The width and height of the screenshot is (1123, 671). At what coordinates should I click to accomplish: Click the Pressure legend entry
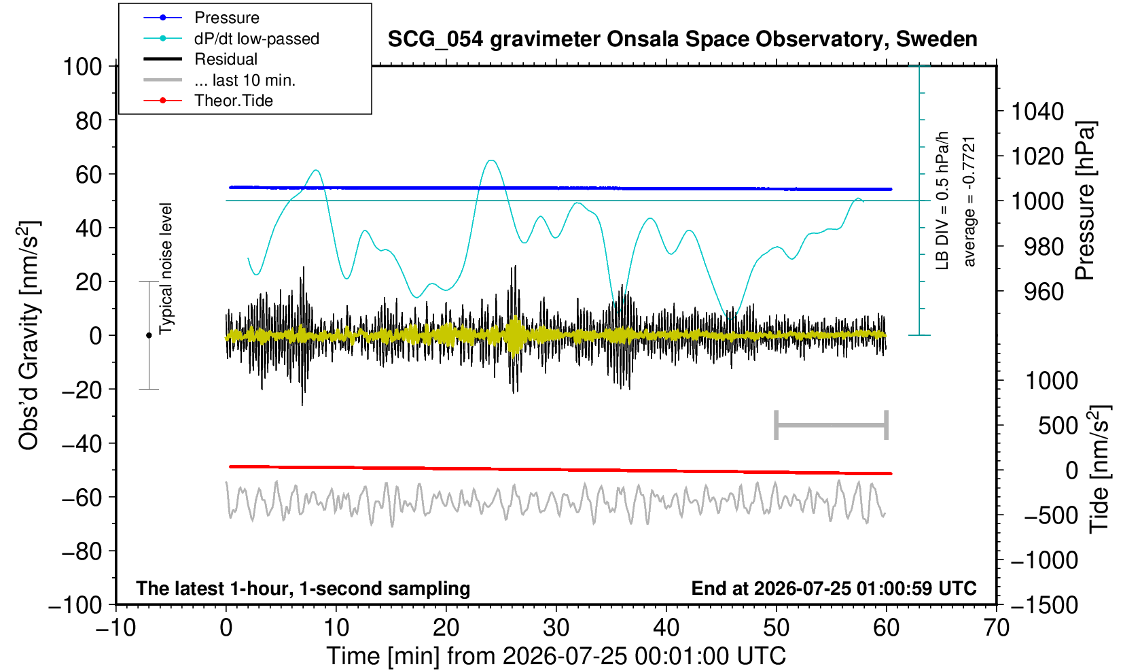202,18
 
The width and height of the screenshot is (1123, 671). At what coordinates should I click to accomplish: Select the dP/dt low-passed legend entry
231,39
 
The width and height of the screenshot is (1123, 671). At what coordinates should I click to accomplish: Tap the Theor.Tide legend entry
208,101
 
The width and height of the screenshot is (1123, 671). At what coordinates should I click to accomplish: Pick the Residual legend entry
200,59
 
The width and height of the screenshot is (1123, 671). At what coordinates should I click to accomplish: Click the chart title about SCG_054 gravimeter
682,39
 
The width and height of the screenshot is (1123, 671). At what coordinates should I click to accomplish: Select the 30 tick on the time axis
556,627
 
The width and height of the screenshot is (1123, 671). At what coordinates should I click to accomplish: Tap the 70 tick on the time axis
996,627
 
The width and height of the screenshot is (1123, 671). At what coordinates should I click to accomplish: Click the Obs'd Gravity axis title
29,335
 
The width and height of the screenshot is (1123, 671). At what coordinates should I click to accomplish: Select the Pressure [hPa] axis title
1086,201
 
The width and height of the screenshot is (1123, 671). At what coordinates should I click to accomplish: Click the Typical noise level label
166,269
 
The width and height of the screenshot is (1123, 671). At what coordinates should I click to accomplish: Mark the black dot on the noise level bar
149,335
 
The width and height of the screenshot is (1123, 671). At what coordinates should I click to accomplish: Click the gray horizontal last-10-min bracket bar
832,425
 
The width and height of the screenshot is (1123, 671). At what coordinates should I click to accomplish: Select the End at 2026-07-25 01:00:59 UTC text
834,588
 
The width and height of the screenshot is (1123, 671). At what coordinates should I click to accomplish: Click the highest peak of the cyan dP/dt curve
492,160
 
